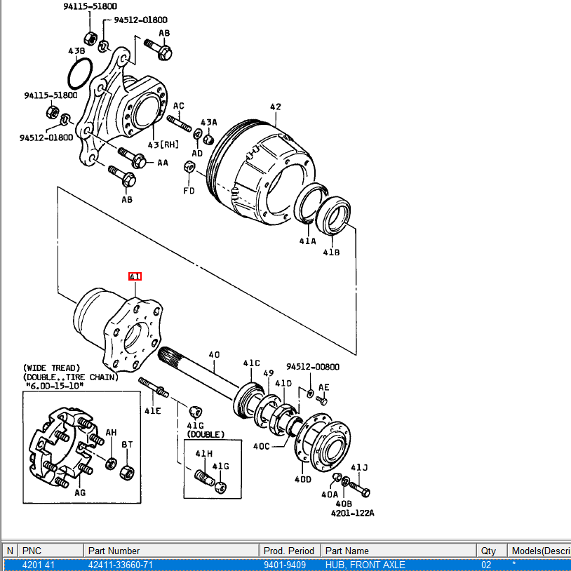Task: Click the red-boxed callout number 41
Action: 135,276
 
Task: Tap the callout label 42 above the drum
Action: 276,107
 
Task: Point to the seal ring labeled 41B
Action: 333,215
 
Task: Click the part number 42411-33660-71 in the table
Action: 121,565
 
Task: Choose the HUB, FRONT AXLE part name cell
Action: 365,565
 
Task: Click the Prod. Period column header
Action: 289,551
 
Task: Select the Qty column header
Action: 488,551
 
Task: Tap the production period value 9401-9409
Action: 285,565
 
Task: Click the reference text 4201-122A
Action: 353,513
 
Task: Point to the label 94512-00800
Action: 313,367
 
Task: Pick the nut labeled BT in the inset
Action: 127,472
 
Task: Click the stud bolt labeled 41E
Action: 154,387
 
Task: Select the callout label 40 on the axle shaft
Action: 214,354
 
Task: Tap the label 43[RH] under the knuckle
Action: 163,145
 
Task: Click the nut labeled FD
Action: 189,167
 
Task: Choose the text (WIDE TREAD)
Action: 51,368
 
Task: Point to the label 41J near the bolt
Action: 359,467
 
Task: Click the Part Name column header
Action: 347,551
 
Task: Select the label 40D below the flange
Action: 303,479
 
